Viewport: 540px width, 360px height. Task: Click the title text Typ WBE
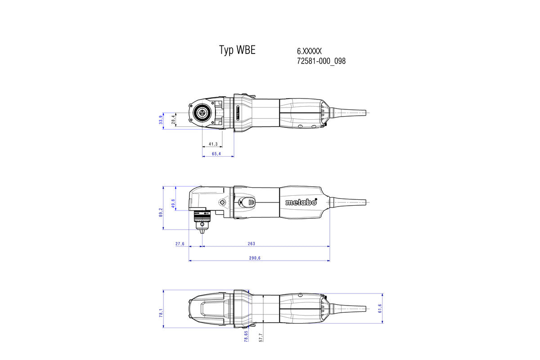click(x=237, y=50)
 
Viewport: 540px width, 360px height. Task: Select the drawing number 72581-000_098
click(x=321, y=61)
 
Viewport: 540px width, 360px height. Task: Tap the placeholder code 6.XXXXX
click(x=309, y=52)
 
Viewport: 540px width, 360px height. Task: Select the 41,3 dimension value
click(x=213, y=144)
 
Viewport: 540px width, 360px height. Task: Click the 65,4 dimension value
click(x=216, y=154)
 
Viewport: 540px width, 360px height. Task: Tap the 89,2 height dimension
click(x=161, y=212)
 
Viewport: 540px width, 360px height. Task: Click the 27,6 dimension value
click(x=180, y=244)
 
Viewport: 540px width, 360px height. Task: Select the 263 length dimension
click(x=251, y=244)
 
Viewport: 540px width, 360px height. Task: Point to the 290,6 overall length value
click(x=255, y=258)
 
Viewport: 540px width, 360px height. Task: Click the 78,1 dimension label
click(x=161, y=313)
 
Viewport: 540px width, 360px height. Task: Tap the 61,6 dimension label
click(x=380, y=308)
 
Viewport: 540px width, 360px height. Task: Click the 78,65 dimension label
click(x=246, y=337)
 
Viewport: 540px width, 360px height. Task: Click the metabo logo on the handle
click(x=301, y=202)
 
